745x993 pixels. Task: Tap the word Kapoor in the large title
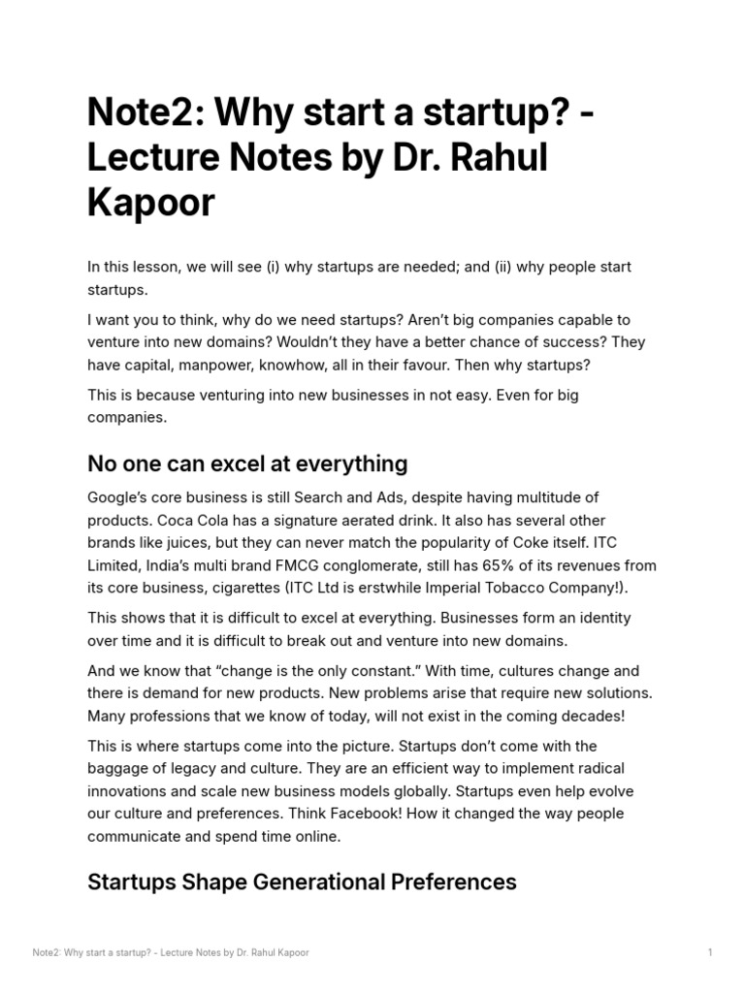150,204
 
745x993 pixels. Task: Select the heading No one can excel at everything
247,463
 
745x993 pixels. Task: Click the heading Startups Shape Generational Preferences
302,881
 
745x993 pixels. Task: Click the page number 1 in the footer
710,952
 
